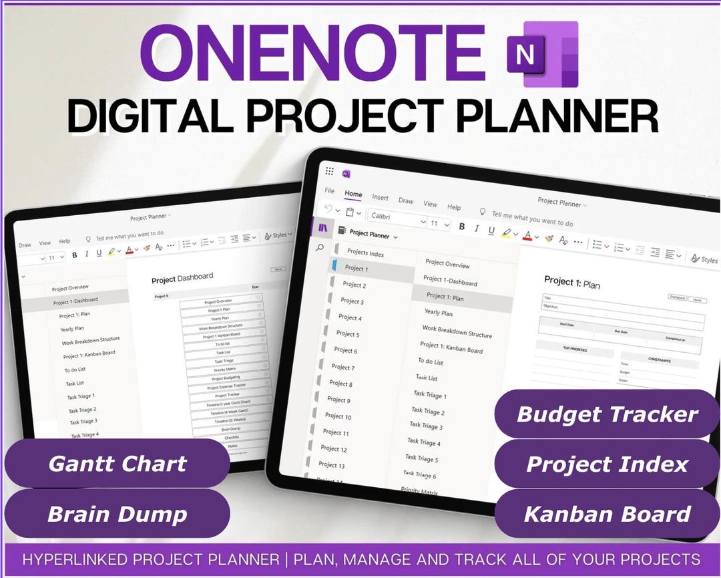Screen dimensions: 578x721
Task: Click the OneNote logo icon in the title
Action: [x=541, y=54]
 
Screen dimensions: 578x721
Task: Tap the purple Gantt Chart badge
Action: [x=117, y=464]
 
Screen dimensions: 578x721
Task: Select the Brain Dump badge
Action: [x=117, y=514]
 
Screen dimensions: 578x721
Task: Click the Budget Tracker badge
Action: [x=607, y=414]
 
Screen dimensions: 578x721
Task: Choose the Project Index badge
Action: [x=607, y=464]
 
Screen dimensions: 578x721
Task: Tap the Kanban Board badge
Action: [x=607, y=514]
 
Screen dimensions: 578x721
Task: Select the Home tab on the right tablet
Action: [x=353, y=194]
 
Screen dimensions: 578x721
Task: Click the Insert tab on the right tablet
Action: [x=381, y=198]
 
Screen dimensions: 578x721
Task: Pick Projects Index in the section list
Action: [x=366, y=253]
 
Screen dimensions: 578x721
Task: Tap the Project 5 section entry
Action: [x=348, y=333]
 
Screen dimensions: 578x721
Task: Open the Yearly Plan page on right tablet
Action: [x=439, y=313]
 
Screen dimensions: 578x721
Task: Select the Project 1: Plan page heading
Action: [x=572, y=283]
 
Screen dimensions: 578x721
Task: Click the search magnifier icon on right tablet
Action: [x=320, y=248]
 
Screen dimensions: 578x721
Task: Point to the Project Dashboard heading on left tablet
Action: [x=182, y=277]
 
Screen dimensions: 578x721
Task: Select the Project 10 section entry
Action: [x=339, y=416]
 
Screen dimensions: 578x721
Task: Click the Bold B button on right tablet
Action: [x=461, y=227]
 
